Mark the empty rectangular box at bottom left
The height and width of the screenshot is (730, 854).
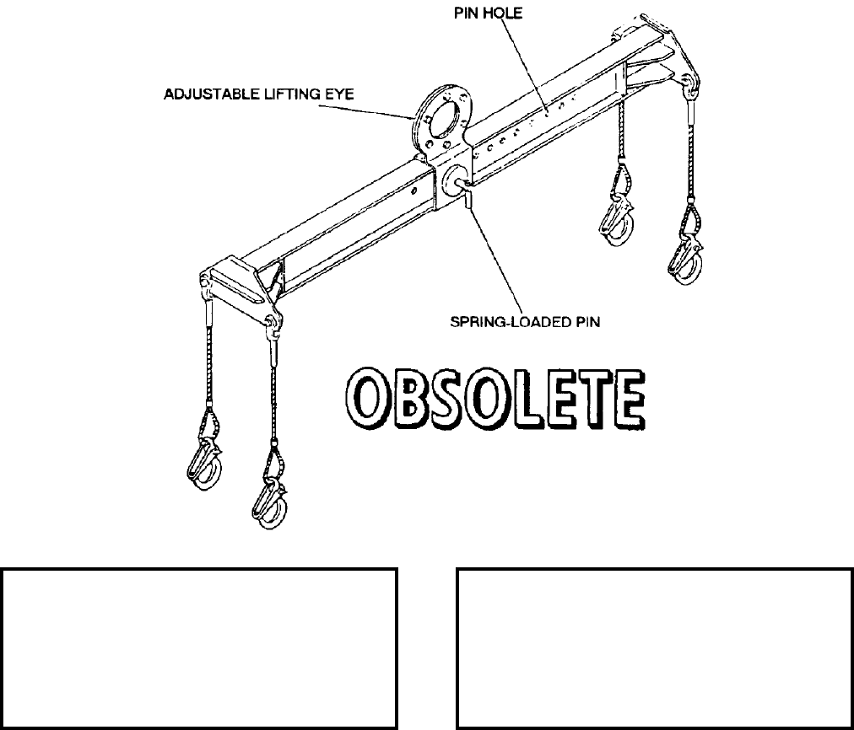[x=199, y=648]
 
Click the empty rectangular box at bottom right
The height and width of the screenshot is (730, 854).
[x=654, y=648]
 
